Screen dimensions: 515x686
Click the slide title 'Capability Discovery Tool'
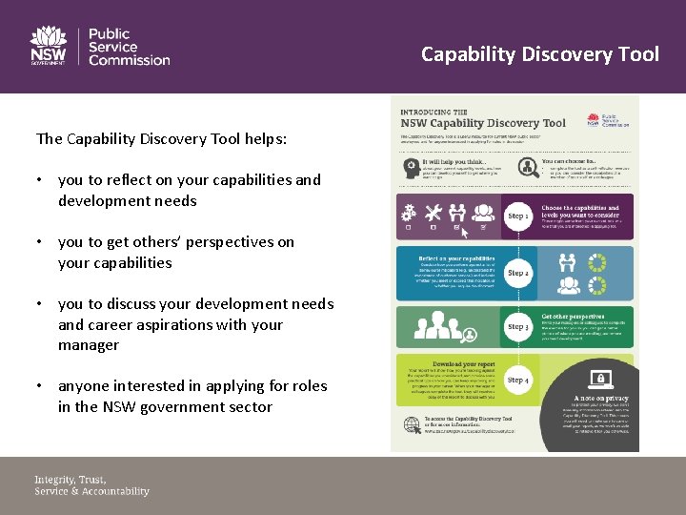pos(539,53)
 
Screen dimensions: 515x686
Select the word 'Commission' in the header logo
pos(129,60)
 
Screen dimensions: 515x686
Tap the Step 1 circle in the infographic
pos(517,216)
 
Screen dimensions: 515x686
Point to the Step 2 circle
pos(517,274)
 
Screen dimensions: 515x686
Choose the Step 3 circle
pos(517,327)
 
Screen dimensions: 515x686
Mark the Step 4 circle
pos(517,381)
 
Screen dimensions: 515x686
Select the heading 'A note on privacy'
pos(600,398)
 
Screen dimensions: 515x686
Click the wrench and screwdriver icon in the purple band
pos(432,212)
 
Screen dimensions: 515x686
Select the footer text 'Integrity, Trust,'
pos(71,479)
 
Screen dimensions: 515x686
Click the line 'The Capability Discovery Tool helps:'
pos(161,139)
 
